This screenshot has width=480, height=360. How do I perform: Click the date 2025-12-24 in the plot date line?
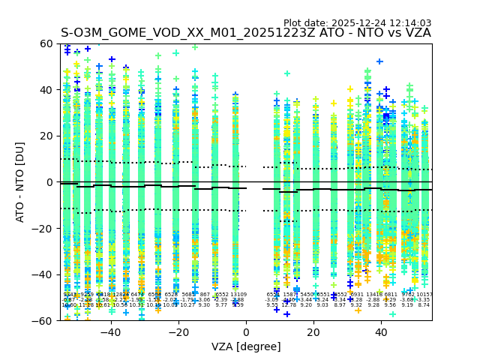coord(360,23)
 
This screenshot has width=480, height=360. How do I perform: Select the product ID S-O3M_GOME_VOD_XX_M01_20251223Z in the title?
coord(190,33)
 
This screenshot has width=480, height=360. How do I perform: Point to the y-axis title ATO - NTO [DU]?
coord(20,182)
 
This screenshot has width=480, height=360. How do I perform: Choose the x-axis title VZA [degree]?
coord(246,346)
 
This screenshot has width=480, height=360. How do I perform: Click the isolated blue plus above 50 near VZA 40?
coord(379,61)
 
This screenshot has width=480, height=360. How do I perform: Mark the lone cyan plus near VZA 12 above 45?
coord(287,73)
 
